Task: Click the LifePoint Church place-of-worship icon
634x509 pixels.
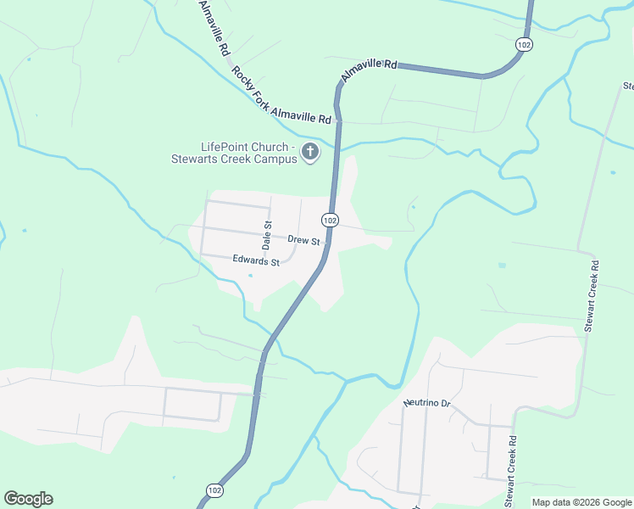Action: pyautogui.click(x=310, y=152)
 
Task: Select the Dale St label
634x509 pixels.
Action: pyautogui.click(x=267, y=235)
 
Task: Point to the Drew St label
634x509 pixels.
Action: pyautogui.click(x=303, y=240)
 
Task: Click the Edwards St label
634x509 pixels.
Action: pyautogui.click(x=256, y=262)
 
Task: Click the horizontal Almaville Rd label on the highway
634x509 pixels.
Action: pyautogui.click(x=369, y=70)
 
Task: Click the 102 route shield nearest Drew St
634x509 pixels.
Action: pyautogui.click(x=331, y=221)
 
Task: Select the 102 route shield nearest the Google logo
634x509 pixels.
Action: pyautogui.click(x=215, y=490)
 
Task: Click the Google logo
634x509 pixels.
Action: pyautogui.click(x=28, y=499)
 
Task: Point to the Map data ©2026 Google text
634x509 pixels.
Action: pyautogui.click(x=581, y=502)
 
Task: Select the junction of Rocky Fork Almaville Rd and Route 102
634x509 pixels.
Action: pyautogui.click(x=338, y=121)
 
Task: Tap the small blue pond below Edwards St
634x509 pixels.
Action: pyautogui.click(x=250, y=275)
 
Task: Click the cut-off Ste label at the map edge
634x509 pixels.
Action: pyautogui.click(x=628, y=86)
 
